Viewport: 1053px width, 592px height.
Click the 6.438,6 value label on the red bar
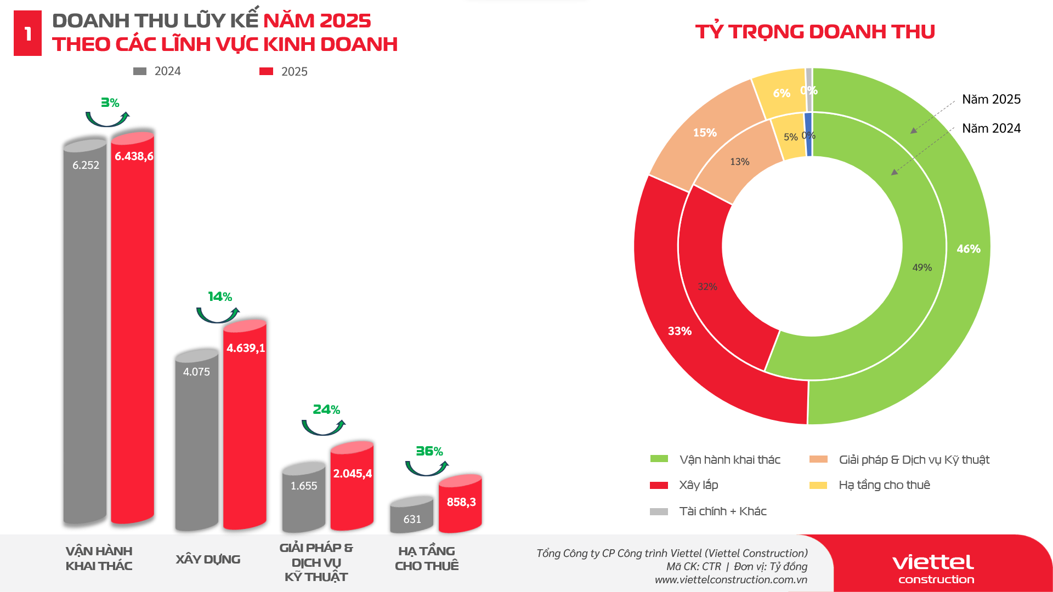pyautogui.click(x=134, y=156)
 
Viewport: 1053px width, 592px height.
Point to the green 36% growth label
pyautogui.click(x=429, y=451)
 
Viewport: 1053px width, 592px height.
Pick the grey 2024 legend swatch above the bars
pyautogui.click(x=140, y=71)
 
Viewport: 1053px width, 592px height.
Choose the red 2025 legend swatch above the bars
pyautogui.click(x=266, y=71)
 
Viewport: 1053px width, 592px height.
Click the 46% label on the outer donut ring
pyautogui.click(x=968, y=249)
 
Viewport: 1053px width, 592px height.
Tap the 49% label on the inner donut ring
pyautogui.click(x=922, y=267)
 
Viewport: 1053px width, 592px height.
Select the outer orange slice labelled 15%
pyautogui.click(x=705, y=133)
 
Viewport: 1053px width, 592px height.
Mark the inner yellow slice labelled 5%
pyautogui.click(x=790, y=137)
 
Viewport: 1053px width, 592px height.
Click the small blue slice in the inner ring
pyautogui.click(x=808, y=135)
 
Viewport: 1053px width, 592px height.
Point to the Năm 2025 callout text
pyautogui.click(x=991, y=99)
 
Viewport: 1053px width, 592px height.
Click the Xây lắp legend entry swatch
pyautogui.click(x=659, y=485)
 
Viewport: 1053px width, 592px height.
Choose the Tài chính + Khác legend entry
pyautogui.click(x=722, y=511)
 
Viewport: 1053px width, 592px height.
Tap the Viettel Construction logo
pyautogui.click(x=933, y=568)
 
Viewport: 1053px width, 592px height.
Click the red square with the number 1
pyautogui.click(x=27, y=33)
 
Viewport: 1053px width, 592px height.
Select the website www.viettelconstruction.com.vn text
pyautogui.click(x=731, y=579)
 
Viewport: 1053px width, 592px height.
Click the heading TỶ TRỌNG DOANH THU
pyautogui.click(x=815, y=32)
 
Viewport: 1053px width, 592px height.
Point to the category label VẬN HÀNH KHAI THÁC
pyautogui.click(x=99, y=559)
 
